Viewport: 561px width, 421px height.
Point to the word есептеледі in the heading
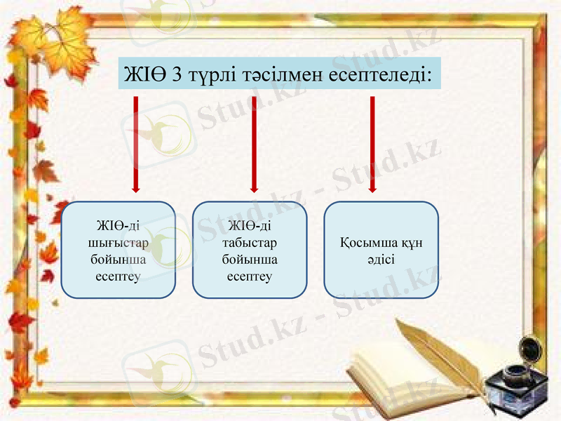[379, 74]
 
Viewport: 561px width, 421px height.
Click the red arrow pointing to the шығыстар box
[136, 144]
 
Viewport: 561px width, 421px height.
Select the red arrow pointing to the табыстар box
[254, 144]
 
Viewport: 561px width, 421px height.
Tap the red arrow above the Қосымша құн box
[372, 144]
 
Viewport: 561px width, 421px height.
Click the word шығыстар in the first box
[118, 243]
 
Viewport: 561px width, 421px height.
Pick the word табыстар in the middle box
[250, 243]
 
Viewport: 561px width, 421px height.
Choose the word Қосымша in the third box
[366, 243]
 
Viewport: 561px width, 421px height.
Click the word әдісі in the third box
[380, 259]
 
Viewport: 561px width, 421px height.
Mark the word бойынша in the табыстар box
[250, 259]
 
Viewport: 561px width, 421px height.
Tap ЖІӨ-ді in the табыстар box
[250, 226]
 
